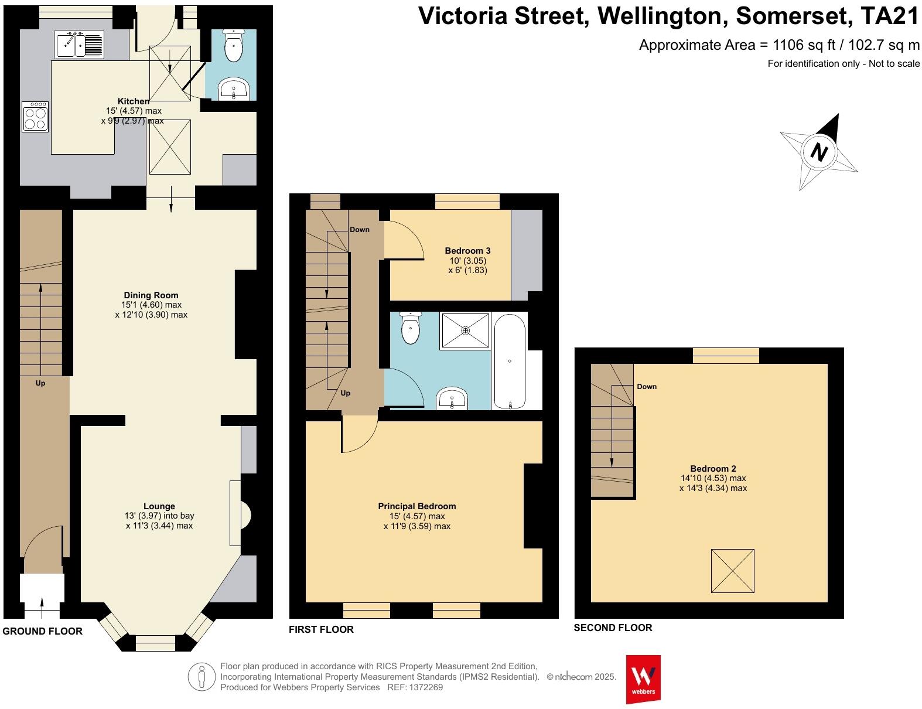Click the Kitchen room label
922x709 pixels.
coord(133,101)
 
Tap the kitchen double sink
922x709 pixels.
coord(79,44)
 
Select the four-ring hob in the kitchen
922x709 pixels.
coord(35,116)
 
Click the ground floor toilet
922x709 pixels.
coord(233,45)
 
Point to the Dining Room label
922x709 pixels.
coord(151,295)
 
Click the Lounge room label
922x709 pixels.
coord(159,506)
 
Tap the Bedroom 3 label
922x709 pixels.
coord(467,250)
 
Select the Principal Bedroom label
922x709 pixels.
coord(416,506)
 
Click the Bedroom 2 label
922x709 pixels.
coord(713,468)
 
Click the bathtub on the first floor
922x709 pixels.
coord(510,362)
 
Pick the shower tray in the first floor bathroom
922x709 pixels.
coord(466,330)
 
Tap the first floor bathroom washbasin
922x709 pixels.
coord(452,398)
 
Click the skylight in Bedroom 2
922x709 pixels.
coord(732,571)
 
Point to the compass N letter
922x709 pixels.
coord(819,152)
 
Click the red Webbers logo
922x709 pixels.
coord(643,679)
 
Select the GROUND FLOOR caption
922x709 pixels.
coord(42,631)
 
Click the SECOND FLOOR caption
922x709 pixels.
coord(613,628)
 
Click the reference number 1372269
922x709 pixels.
coord(426,687)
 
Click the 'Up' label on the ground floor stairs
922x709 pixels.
coord(40,383)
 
